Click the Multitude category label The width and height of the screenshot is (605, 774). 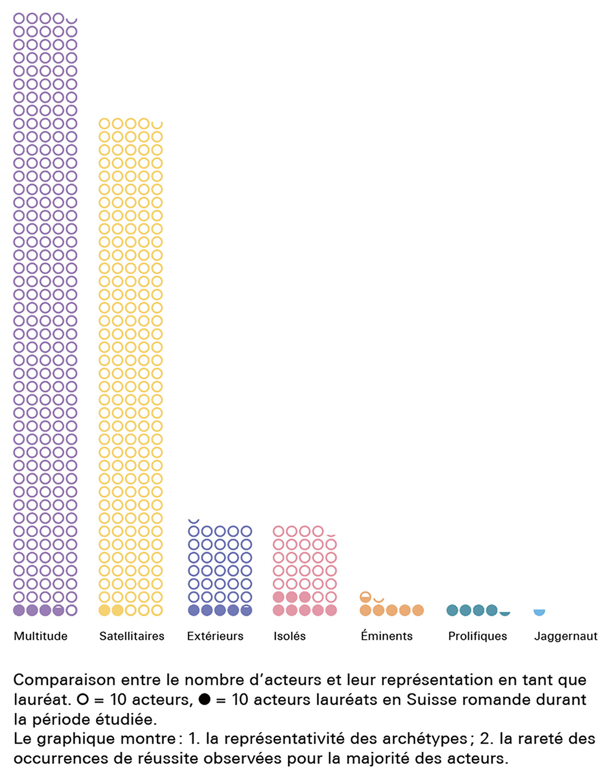[40, 636]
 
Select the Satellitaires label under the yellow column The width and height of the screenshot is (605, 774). [132, 636]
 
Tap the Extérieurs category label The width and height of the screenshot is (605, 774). [215, 636]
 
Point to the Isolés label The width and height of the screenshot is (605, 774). [289, 636]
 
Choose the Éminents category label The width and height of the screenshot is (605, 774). [387, 636]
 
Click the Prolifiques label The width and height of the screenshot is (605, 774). [478, 636]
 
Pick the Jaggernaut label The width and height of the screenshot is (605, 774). [566, 636]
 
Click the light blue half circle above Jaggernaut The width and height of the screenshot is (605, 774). [539, 612]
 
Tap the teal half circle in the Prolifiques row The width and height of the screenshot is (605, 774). [504, 613]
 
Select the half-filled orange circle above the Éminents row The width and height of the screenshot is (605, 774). [366, 597]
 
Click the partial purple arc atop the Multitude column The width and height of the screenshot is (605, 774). [72, 20]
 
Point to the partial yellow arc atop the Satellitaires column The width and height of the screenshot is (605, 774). [157, 126]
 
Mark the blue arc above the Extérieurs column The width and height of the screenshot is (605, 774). [194, 521]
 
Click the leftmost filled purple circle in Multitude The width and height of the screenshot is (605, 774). [19, 610]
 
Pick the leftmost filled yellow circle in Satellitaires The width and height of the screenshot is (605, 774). [104, 610]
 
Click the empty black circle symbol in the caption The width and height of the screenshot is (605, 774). [82, 700]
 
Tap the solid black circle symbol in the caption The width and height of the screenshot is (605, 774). [204, 700]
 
